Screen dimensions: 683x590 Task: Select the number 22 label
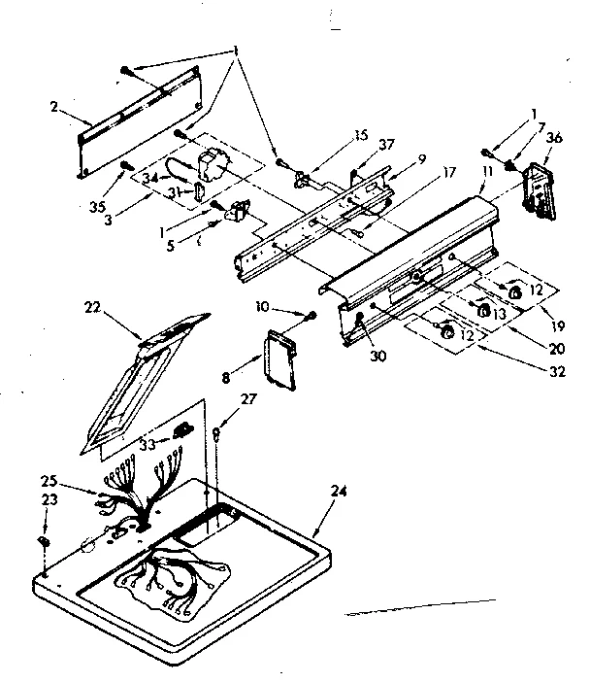92,308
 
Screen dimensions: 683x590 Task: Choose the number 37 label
387,145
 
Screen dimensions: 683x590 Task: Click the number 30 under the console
377,356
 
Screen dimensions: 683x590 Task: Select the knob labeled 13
482,309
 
